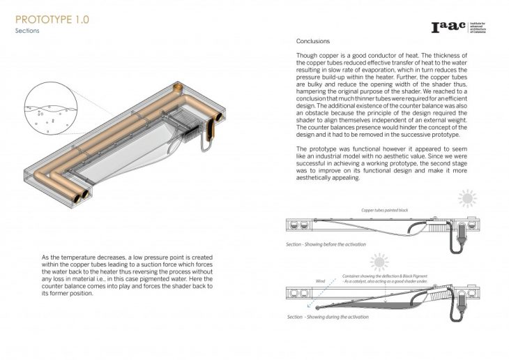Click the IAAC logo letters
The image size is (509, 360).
point(449,29)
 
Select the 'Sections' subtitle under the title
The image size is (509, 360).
point(28,31)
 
